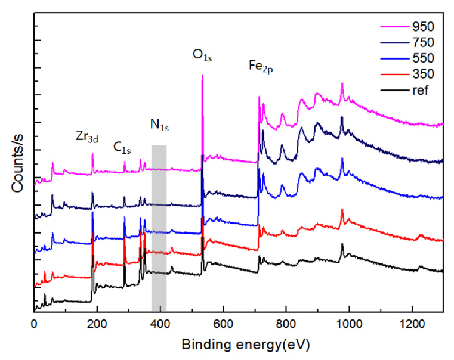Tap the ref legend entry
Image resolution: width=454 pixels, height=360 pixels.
coord(407,91)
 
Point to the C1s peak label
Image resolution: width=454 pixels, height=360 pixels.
coord(122,146)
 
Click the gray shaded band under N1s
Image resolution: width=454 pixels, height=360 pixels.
coord(159,226)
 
